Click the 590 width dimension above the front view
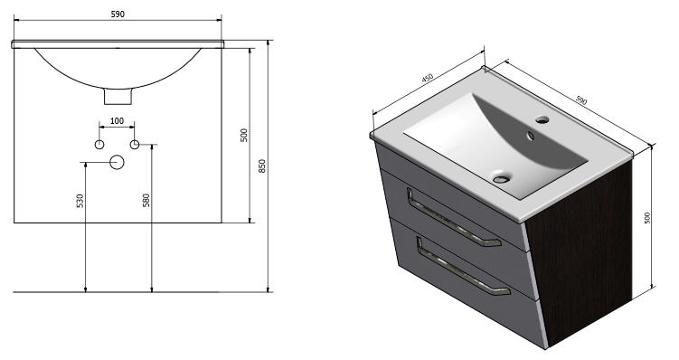118,14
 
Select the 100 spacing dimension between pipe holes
117,121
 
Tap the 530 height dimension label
80,201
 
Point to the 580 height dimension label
146,200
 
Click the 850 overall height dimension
262,166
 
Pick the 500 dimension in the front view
244,135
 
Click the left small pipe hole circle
99,145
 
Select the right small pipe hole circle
135,145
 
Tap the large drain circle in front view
117,162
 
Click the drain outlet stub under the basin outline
118,97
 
